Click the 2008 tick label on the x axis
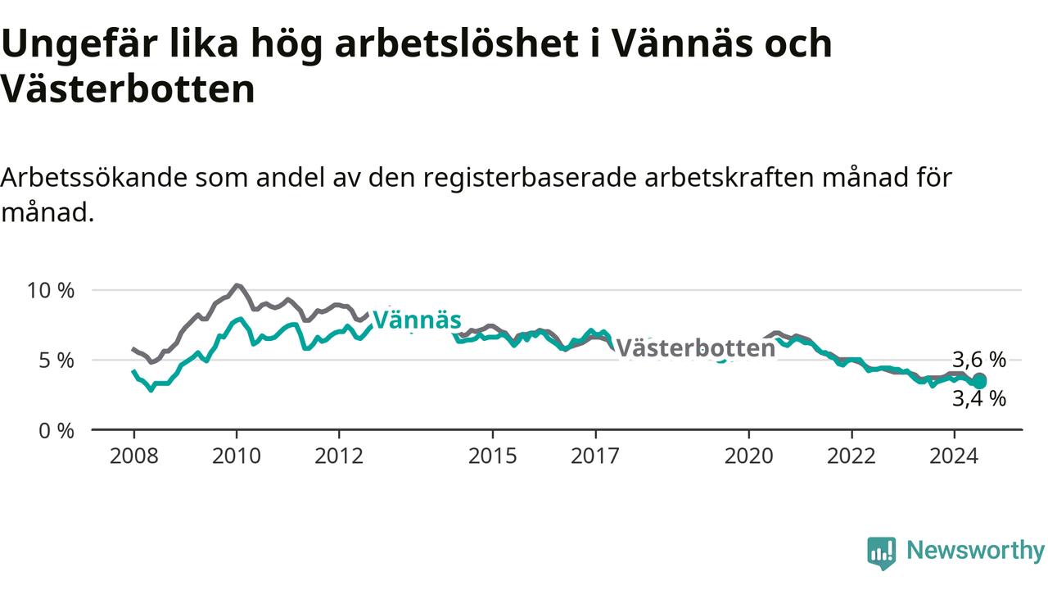click(x=133, y=456)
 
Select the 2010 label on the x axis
click(x=237, y=456)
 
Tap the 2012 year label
click(x=339, y=456)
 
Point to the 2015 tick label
click(x=493, y=456)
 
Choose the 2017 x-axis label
click(x=595, y=456)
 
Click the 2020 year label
click(x=749, y=456)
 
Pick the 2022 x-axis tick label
click(x=851, y=456)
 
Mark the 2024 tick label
click(x=954, y=456)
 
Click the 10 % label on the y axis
click(x=51, y=291)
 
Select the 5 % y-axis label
click(x=56, y=361)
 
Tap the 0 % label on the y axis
click(x=56, y=431)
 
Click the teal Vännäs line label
click(x=417, y=320)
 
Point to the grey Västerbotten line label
click(x=696, y=348)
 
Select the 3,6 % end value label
click(x=979, y=360)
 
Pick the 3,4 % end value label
click(x=979, y=399)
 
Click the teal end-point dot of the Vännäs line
click(x=979, y=383)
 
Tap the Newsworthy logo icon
click(x=882, y=553)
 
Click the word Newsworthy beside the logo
click(x=976, y=550)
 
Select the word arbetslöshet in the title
click(x=457, y=43)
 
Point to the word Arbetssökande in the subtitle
click(x=94, y=178)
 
